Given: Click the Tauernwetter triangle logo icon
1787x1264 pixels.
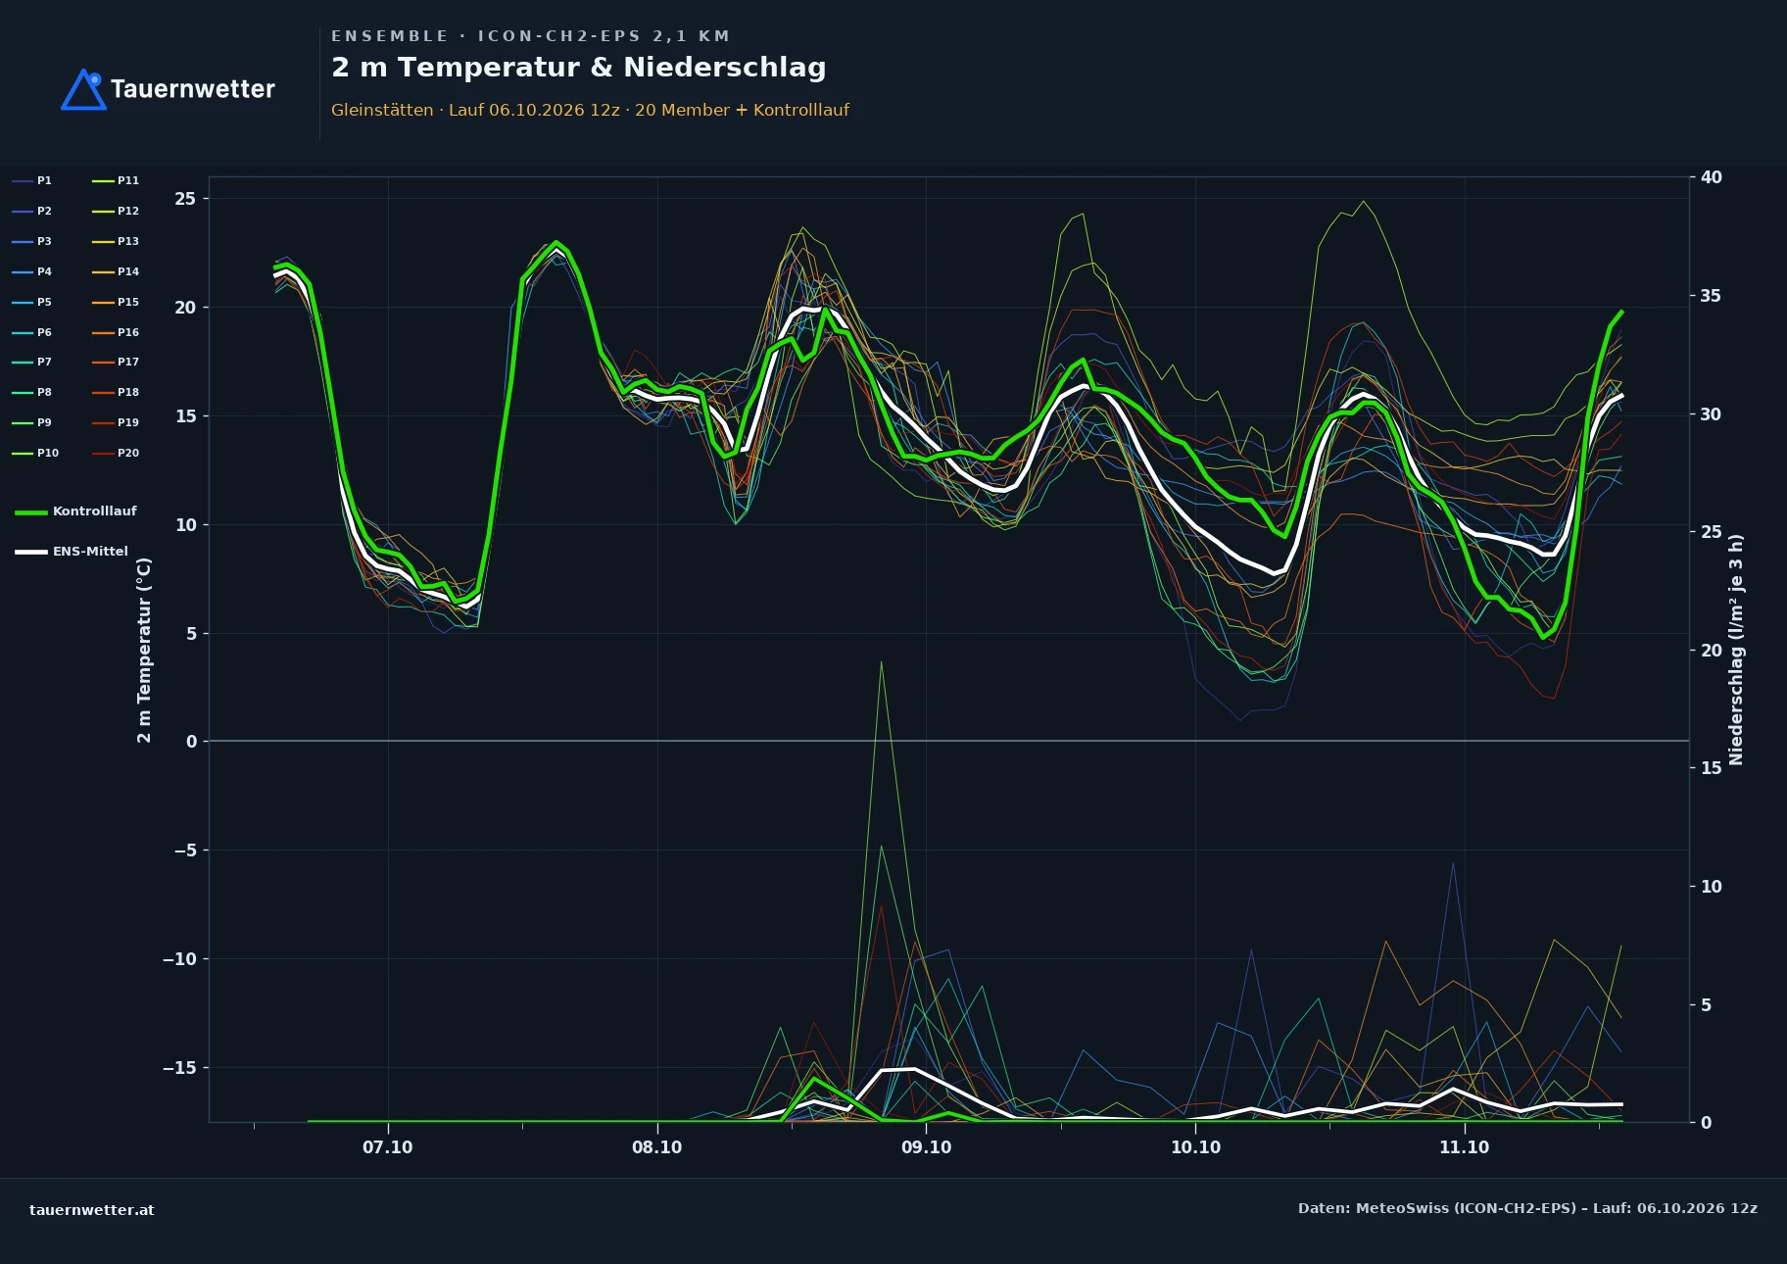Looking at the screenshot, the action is pyautogui.click(x=83, y=90).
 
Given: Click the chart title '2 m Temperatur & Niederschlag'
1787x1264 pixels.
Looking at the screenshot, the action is pyautogui.click(x=578, y=68).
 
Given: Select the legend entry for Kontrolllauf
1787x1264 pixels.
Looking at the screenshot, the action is pyautogui.click(x=75, y=511).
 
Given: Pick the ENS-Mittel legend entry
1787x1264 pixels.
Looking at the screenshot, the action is pyautogui.click(x=72, y=552).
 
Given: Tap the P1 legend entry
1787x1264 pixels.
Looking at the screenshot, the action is pyautogui.click(x=32, y=181).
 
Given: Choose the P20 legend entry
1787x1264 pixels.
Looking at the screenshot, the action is pyautogui.click(x=116, y=454).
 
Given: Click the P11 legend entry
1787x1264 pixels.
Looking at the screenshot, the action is pyautogui.click(x=116, y=181).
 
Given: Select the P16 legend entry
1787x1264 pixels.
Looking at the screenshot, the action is pyautogui.click(x=116, y=333).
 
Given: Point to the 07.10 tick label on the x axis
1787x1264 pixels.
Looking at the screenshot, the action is pyautogui.click(x=387, y=1147).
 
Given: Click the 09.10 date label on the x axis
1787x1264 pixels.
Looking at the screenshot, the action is pyautogui.click(x=926, y=1147).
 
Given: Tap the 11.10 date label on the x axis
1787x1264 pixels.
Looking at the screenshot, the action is pyautogui.click(x=1464, y=1147).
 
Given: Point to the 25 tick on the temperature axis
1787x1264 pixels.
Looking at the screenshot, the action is pyautogui.click(x=185, y=199).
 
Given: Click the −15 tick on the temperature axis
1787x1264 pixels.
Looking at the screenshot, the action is pyautogui.click(x=179, y=1068).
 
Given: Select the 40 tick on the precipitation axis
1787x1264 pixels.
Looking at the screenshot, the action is pyautogui.click(x=1712, y=177).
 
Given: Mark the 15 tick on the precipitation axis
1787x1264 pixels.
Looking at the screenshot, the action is pyautogui.click(x=1712, y=768).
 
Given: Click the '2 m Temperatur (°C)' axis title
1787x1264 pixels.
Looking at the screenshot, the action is pyautogui.click(x=144, y=650).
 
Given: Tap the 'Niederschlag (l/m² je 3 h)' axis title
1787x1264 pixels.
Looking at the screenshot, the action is pyautogui.click(x=1736, y=650).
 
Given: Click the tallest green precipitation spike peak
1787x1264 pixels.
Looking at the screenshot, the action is pyautogui.click(x=881, y=662).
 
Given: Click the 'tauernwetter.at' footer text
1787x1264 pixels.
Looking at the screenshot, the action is pyautogui.click(x=92, y=1210).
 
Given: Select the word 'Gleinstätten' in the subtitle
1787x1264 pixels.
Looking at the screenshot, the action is pyautogui.click(x=382, y=110).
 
